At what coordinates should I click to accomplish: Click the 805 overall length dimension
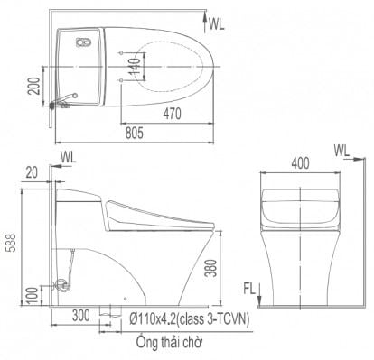click(x=135, y=134)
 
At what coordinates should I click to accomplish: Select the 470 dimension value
click(x=173, y=114)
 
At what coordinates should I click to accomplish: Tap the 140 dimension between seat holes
click(x=136, y=67)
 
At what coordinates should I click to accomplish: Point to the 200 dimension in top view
click(x=33, y=86)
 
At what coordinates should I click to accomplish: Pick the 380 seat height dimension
click(x=211, y=268)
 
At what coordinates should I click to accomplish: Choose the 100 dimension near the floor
click(x=34, y=295)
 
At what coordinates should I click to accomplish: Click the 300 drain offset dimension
click(x=80, y=316)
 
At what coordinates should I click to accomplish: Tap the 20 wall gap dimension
click(x=32, y=173)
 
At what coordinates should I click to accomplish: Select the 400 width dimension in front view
click(x=300, y=163)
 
